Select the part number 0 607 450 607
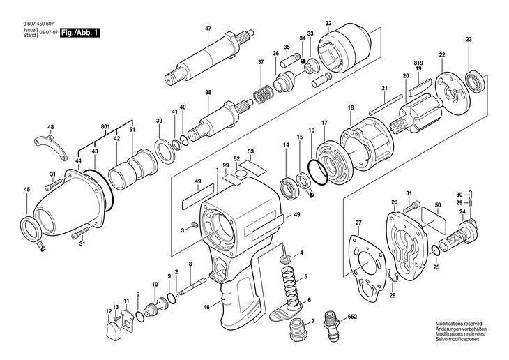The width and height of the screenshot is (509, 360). pyautogui.click(x=40, y=25)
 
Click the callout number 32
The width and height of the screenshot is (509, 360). pyautogui.click(x=347, y=23)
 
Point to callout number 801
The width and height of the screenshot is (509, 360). pyautogui.click(x=105, y=126)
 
